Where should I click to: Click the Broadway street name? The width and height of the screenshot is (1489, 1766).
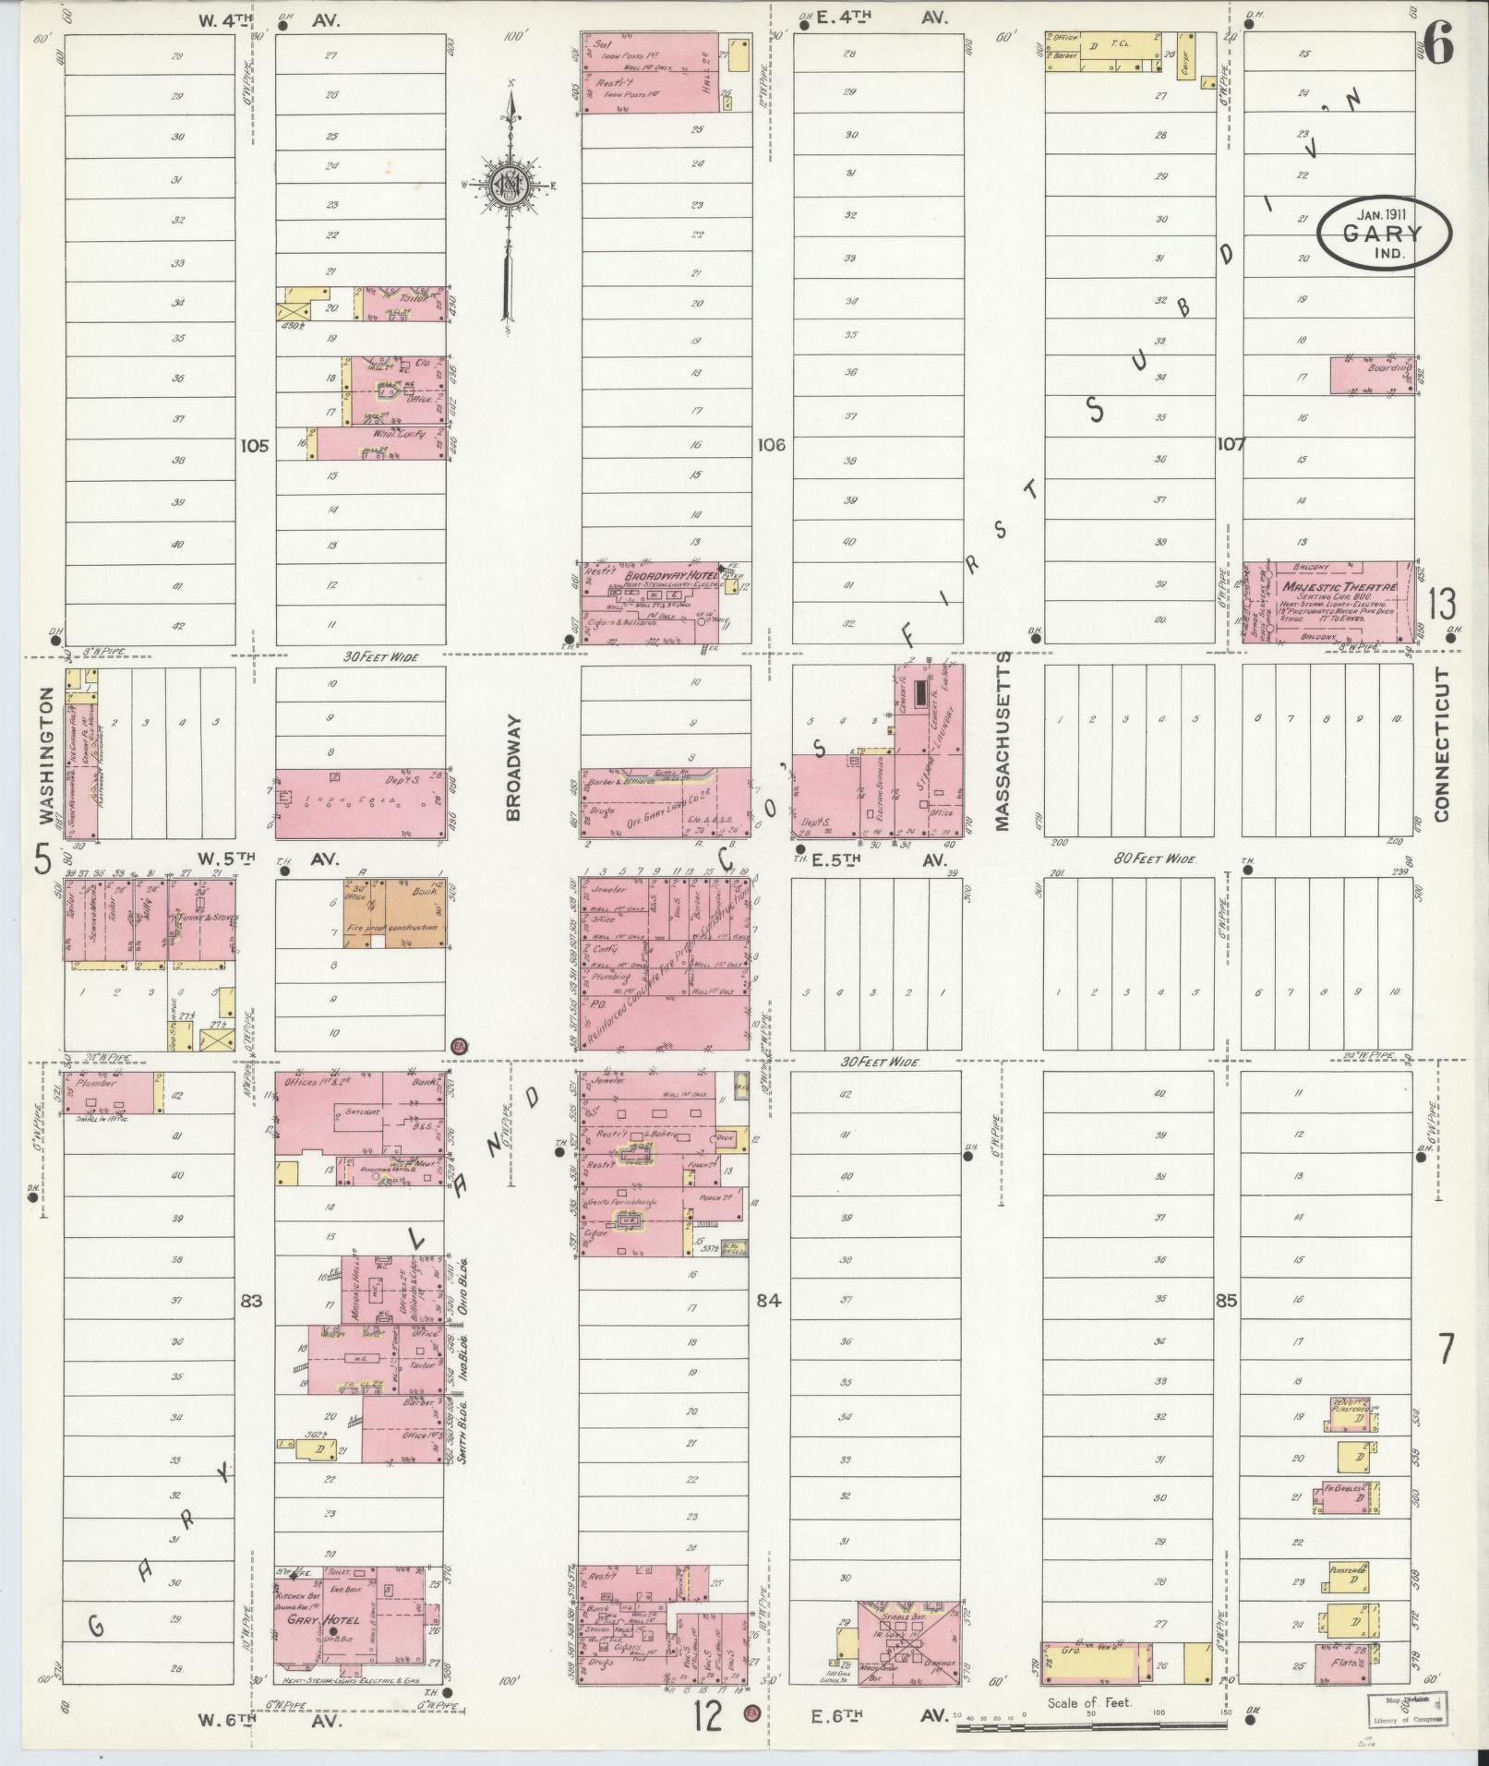coord(513,765)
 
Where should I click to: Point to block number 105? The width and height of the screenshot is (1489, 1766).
coord(254,446)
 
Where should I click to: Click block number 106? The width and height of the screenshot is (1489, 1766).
coord(771,445)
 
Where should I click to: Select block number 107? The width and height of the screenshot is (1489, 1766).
coord(1231,444)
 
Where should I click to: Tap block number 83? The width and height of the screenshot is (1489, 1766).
coord(251,1301)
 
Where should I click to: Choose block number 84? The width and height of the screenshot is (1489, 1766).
coord(768,1301)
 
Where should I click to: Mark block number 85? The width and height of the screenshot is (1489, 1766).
coord(1227,1302)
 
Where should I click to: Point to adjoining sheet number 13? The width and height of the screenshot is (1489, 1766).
coord(1442,605)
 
